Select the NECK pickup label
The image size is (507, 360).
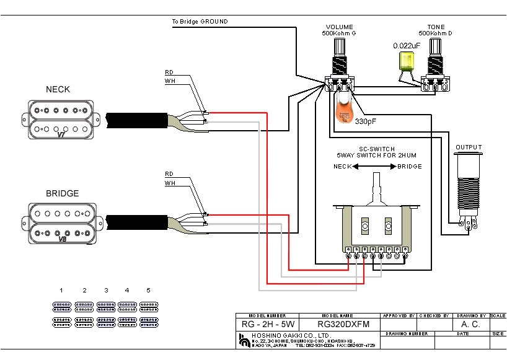coord(58,89)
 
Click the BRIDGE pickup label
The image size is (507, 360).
coord(62,193)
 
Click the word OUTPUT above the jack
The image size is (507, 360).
coord(469,147)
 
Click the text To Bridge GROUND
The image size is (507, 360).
coord(200,22)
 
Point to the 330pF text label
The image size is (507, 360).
coord(366,122)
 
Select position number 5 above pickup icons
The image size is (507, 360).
coord(148,290)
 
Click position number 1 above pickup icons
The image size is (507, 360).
coord(61,290)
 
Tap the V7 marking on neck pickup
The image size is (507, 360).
coord(61,134)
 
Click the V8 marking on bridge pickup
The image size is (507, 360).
coord(61,238)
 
